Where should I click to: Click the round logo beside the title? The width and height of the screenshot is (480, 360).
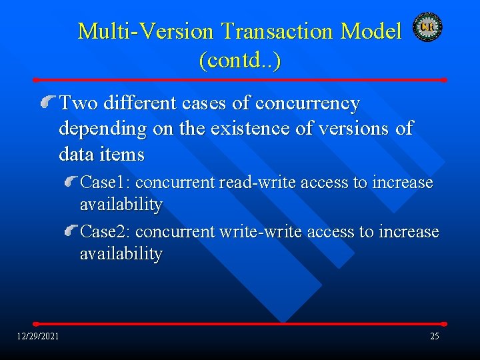click(427, 27)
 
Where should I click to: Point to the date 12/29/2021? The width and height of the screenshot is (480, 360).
click(38, 336)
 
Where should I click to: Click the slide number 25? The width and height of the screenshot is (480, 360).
click(434, 336)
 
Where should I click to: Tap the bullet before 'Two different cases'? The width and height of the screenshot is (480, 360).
click(47, 103)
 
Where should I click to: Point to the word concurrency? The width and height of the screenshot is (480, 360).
click(308, 104)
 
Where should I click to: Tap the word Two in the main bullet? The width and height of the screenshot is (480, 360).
click(76, 104)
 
